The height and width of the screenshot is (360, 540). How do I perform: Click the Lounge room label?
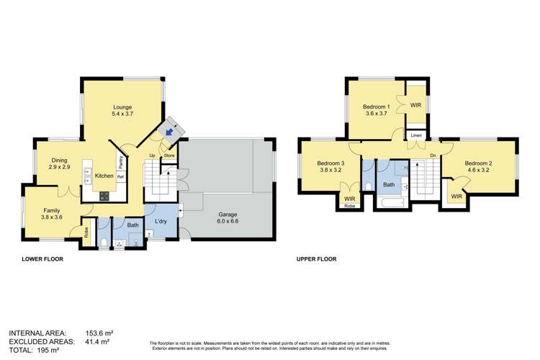122,110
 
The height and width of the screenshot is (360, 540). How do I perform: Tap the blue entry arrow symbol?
169,132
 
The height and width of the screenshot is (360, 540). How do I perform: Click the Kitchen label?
104,176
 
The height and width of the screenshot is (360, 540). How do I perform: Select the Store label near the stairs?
169,155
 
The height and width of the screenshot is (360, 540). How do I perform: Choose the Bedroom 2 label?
478,168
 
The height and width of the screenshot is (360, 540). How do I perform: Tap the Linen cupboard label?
416,135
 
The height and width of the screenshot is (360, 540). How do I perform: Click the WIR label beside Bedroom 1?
415,105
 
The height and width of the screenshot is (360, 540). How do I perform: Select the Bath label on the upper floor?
389,184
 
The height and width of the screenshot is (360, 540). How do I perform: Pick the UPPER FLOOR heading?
316,259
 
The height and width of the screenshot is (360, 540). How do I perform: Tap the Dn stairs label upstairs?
432,156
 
